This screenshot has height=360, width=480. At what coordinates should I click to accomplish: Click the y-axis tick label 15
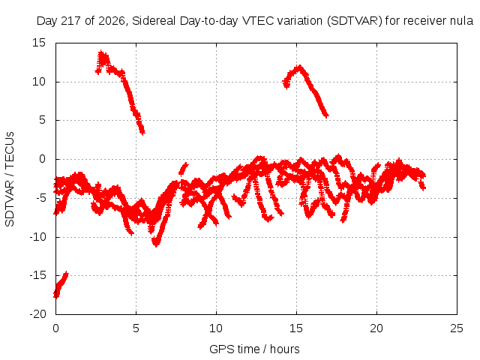38,43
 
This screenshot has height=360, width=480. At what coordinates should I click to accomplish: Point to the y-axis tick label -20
37,314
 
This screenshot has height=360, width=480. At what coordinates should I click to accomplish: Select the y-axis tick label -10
37,237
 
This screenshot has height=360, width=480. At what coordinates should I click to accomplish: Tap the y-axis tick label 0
42,159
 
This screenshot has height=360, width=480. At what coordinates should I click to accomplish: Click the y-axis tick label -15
37,275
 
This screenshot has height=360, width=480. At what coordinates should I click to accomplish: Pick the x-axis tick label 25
457,328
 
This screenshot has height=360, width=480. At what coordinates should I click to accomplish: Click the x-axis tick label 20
376,328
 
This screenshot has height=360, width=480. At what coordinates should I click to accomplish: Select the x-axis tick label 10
216,328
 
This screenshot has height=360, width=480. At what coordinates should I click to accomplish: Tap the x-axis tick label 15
296,328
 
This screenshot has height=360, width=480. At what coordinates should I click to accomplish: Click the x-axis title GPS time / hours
254,349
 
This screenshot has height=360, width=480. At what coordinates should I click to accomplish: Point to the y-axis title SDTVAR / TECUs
10,179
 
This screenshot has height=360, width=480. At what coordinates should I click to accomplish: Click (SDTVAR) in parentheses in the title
355,21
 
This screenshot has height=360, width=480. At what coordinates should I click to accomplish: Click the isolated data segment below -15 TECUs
60,285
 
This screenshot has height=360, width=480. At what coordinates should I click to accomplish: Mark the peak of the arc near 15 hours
300,67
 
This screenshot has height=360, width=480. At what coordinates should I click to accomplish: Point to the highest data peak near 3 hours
101,52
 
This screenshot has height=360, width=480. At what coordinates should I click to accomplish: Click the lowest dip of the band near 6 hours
156,244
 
